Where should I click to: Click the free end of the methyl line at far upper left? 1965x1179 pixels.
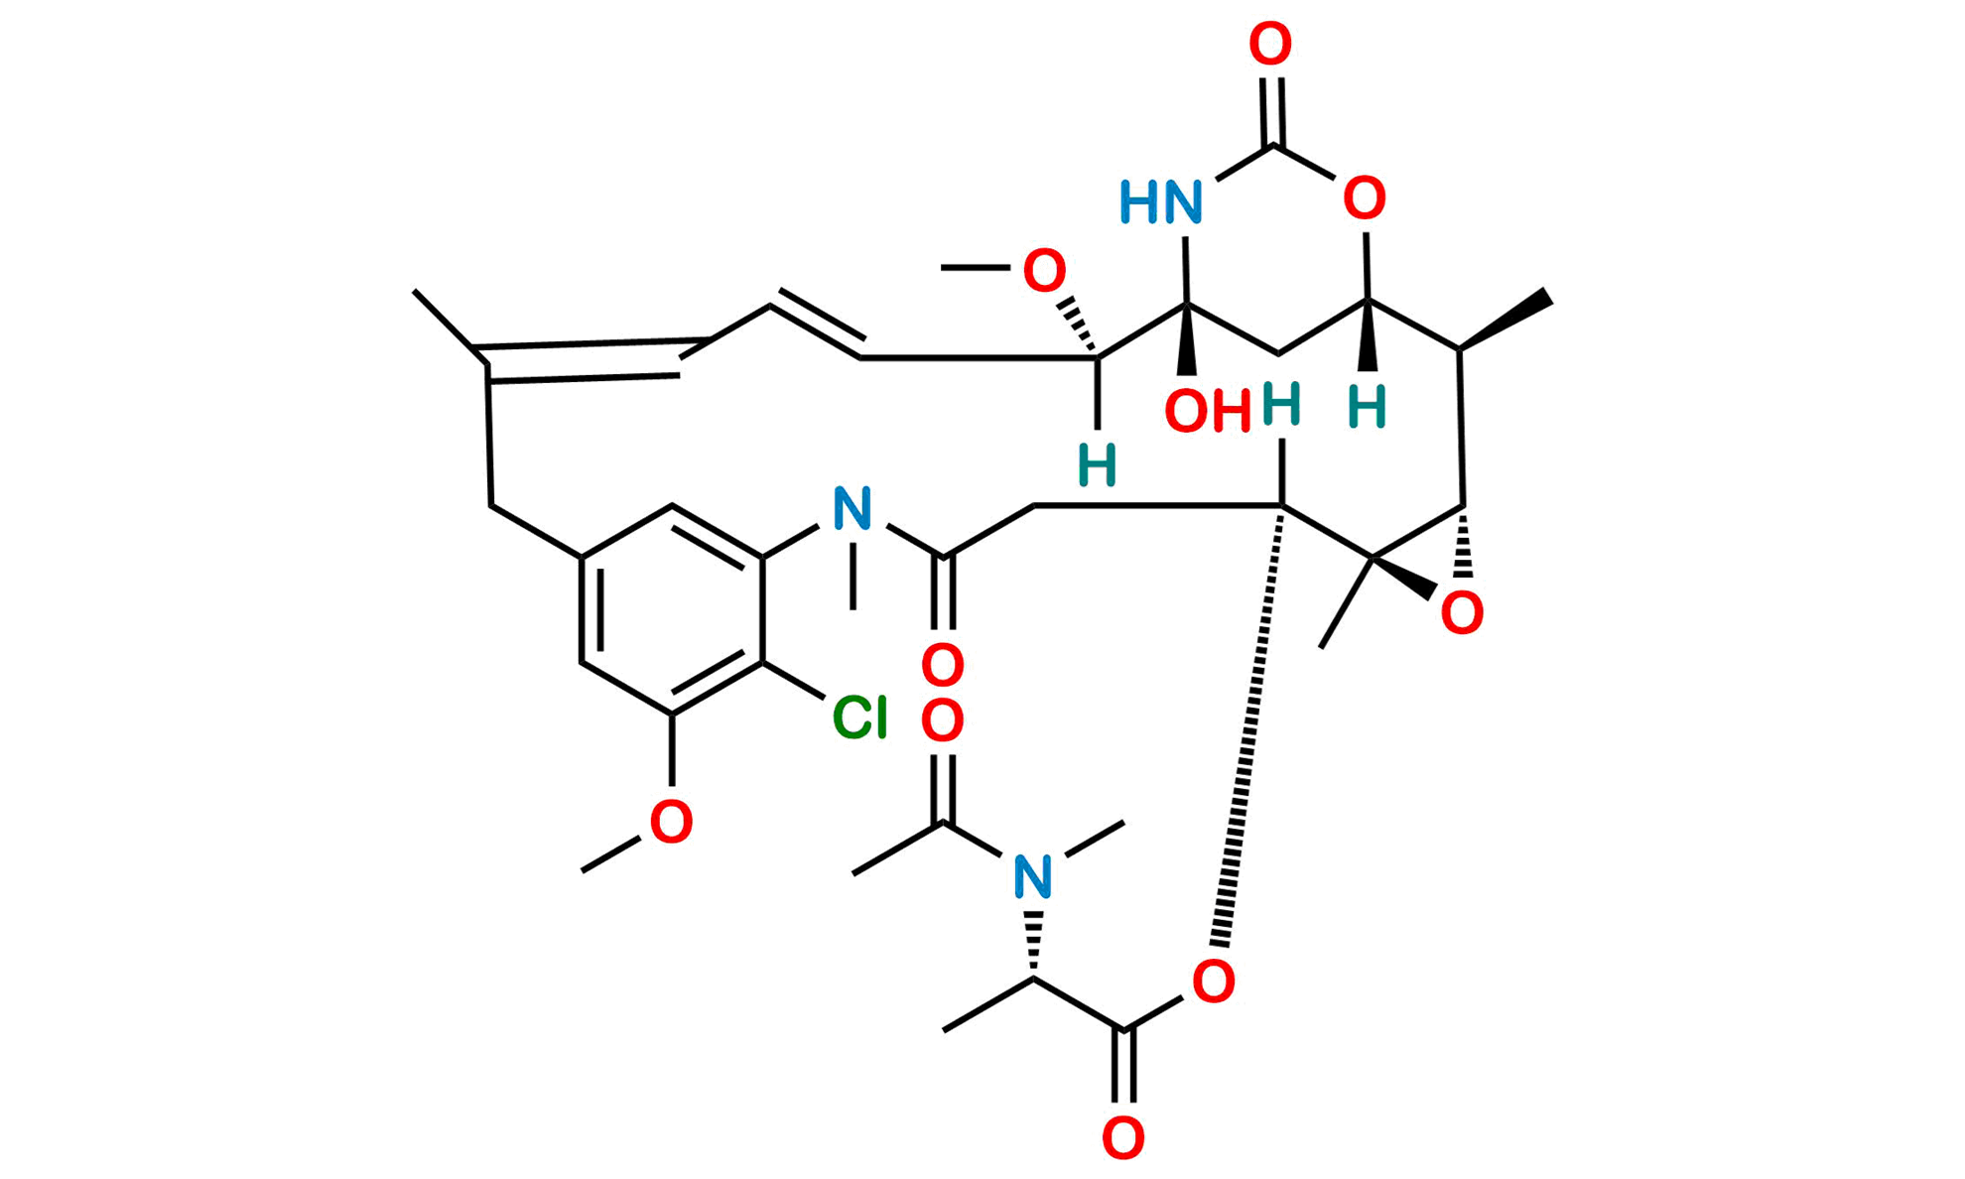(x=415, y=292)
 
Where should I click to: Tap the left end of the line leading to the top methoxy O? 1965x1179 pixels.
(x=942, y=267)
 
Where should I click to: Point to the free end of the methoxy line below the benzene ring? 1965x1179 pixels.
(x=583, y=871)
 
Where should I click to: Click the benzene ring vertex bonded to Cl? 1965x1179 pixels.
(x=762, y=661)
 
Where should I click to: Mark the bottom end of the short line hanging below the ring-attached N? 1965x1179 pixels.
(x=852, y=607)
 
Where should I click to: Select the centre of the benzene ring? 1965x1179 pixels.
(x=672, y=609)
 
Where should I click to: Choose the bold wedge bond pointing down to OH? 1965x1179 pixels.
(x=1186, y=339)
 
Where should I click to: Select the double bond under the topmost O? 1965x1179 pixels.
(x=1272, y=112)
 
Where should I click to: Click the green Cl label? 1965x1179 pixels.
(x=859, y=717)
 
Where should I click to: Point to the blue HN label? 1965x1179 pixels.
(x=1160, y=201)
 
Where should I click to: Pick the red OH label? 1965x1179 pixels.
(x=1208, y=410)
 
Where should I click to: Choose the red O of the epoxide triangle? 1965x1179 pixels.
(x=1462, y=612)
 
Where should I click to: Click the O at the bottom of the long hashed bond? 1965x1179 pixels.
(x=1214, y=981)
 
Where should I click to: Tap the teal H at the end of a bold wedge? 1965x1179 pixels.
(x=1367, y=407)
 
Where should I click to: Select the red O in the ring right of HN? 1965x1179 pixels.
(x=1365, y=198)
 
